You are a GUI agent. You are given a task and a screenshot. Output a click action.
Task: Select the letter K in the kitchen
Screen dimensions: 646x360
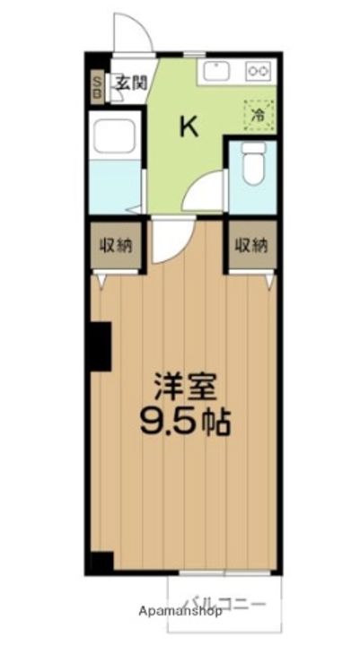(x=189, y=127)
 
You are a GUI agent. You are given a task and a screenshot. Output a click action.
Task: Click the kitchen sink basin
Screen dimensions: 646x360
(x=217, y=70)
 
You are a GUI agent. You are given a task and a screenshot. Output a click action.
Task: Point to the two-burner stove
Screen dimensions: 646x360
(x=259, y=70)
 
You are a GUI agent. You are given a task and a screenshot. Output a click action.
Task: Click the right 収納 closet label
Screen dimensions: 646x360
(x=252, y=244)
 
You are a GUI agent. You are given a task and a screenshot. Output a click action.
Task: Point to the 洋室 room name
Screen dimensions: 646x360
(x=185, y=387)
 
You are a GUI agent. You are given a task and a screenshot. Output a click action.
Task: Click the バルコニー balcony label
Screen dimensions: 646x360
(x=224, y=604)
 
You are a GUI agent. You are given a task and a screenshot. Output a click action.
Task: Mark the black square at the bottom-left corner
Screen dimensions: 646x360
(x=101, y=563)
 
